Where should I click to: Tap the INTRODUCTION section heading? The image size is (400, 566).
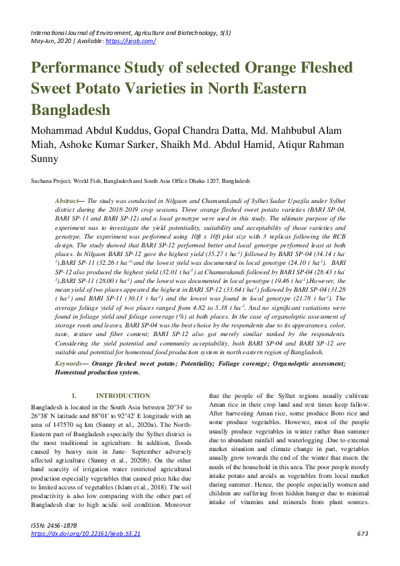[x=123, y=396]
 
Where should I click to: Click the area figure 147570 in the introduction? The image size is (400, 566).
[x=61, y=426]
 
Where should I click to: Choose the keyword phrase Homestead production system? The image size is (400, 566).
[x=97, y=372]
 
